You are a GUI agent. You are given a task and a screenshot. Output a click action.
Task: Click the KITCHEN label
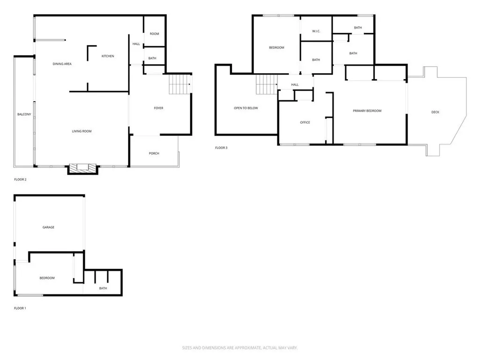108,56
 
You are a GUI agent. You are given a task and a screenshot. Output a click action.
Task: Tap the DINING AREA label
62,64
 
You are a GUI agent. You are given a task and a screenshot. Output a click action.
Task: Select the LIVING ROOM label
82,131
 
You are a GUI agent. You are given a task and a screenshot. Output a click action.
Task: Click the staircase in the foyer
179,84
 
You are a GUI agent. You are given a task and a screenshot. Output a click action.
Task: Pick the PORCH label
154,153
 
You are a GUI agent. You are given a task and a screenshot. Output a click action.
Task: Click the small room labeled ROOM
154,34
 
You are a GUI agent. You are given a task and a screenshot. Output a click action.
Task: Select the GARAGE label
48,227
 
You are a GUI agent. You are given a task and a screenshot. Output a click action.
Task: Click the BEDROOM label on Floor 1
47,278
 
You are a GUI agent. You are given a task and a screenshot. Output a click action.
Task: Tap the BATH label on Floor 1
103,288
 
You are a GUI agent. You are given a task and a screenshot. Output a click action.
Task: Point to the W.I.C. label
316,31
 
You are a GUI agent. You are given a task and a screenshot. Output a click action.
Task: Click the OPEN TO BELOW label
246,108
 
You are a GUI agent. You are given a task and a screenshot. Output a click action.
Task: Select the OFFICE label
305,122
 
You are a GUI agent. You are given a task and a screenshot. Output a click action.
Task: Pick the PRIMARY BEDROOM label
367,111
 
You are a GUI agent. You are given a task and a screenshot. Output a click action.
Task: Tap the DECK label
435,112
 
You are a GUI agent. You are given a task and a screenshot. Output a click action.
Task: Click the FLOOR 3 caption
221,148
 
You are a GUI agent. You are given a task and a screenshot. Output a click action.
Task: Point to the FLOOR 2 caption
20,180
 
